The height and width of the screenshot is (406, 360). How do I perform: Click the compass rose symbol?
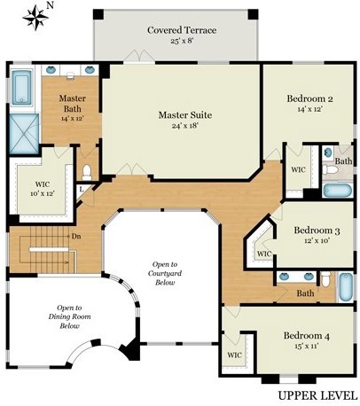35,18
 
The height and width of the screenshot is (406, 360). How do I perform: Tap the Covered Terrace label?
182,30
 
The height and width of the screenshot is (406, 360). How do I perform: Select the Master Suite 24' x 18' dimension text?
185,126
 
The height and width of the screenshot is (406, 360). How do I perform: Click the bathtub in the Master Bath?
22,87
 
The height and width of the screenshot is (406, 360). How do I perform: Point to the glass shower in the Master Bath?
24,134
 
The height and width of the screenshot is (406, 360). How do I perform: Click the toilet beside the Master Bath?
87,172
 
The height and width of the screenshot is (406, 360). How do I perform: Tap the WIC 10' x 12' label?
43,189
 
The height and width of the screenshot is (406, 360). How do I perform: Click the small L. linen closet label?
82,190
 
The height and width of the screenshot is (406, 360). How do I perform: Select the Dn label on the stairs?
76,237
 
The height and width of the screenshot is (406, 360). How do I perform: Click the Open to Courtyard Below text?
165,273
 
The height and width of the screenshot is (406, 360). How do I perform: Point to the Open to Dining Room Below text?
69,316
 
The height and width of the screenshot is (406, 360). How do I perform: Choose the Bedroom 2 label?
309,98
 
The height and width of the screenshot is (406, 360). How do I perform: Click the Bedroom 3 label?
317,230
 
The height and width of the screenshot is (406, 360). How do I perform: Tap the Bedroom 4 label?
307,336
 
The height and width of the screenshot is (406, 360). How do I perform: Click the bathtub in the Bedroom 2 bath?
337,191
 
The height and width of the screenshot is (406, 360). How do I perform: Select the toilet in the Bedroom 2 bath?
330,169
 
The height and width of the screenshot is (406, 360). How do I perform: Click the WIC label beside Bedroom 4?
235,355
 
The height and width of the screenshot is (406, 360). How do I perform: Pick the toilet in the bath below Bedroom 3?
325,279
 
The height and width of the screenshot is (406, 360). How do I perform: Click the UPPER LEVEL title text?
317,395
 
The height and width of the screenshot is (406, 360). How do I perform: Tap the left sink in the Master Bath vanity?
51,70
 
